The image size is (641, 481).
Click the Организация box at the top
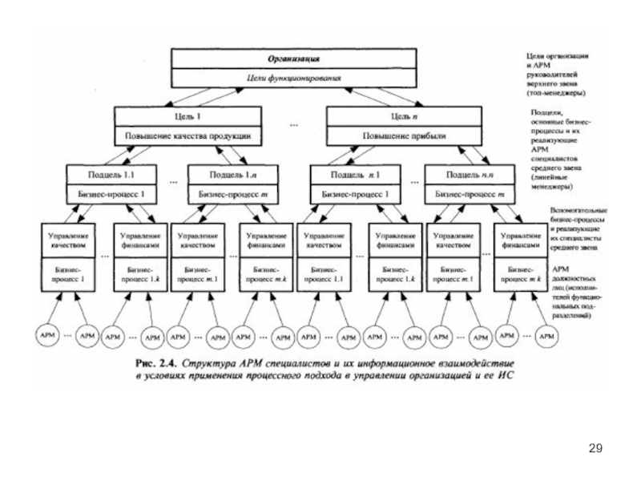(x=294, y=59)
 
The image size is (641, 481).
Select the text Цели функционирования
(x=294, y=78)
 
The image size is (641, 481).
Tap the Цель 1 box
(x=188, y=117)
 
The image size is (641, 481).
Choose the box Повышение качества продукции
(x=188, y=136)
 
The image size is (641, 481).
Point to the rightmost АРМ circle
(x=548, y=335)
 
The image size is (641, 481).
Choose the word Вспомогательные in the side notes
(x=579, y=210)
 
